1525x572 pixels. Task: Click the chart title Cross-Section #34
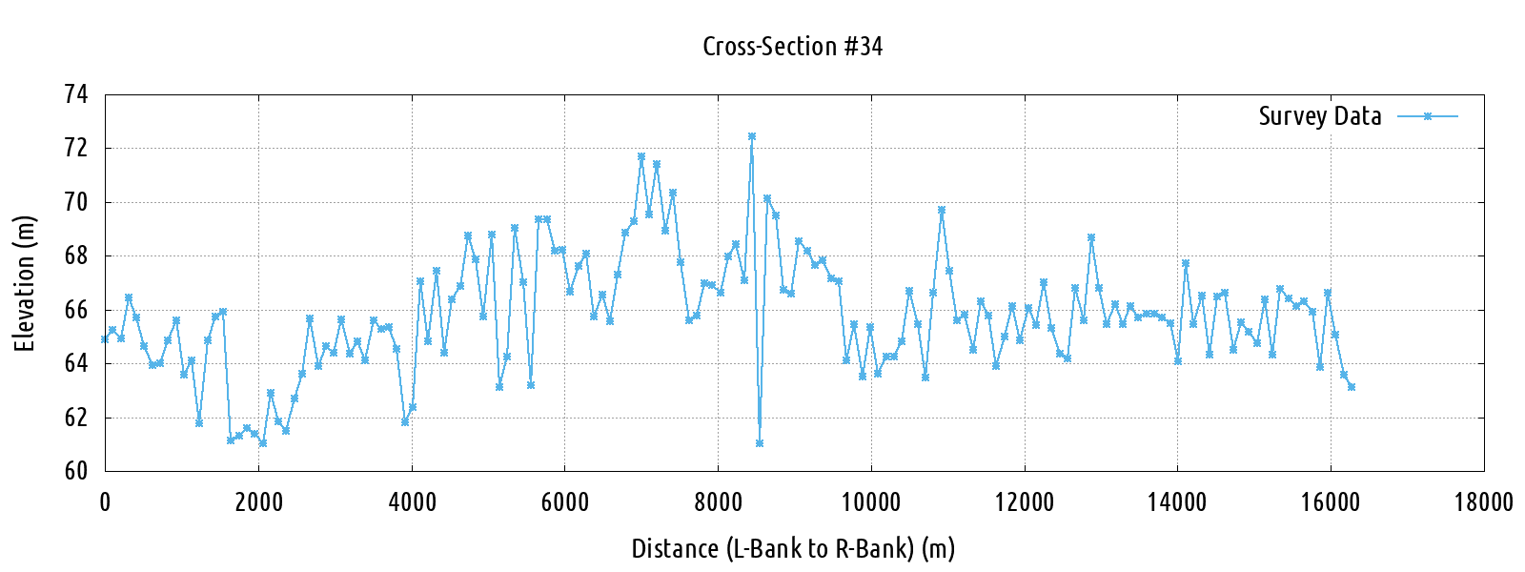point(792,46)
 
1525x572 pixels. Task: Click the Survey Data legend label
point(1319,116)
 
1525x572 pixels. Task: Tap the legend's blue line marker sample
point(1428,116)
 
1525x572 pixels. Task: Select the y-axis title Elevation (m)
point(25,283)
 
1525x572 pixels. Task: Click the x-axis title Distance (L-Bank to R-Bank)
point(792,549)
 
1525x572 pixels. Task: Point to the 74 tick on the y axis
point(75,94)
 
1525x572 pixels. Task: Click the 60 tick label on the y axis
point(75,471)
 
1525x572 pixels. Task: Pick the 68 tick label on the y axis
point(75,255)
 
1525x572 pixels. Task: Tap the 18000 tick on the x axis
point(1483,502)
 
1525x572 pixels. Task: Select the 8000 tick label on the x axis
point(718,502)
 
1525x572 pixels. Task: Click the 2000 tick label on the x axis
point(258,502)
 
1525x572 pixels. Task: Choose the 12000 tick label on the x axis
point(1025,502)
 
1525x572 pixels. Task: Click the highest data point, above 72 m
point(752,136)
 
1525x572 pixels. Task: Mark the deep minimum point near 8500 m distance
point(760,443)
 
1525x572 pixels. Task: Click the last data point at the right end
point(1352,387)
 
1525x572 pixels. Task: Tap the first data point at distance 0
point(105,339)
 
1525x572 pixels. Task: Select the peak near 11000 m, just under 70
point(942,210)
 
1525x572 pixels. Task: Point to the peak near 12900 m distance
point(1091,237)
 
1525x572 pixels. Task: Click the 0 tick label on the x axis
point(105,502)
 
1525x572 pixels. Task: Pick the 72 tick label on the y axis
point(75,148)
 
